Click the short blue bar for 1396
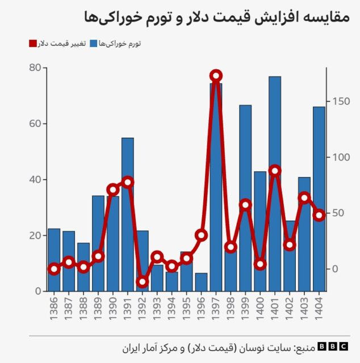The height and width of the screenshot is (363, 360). click(x=201, y=282)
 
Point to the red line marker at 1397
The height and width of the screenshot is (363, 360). click(x=216, y=75)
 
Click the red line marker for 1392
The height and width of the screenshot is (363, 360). click(x=143, y=282)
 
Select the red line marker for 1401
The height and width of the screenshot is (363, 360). click(x=275, y=171)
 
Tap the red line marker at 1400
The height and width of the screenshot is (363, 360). click(x=260, y=264)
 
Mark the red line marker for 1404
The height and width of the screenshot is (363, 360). click(x=319, y=215)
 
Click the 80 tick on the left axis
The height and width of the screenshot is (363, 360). click(x=35, y=68)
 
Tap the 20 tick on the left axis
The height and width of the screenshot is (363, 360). click(x=35, y=235)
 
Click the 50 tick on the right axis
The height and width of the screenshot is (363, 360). click(x=338, y=213)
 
